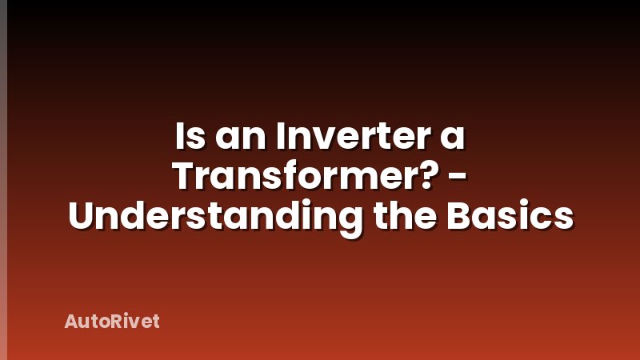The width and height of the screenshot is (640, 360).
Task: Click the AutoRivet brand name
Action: click(111, 322)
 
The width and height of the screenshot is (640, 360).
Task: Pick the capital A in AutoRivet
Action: click(71, 322)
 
